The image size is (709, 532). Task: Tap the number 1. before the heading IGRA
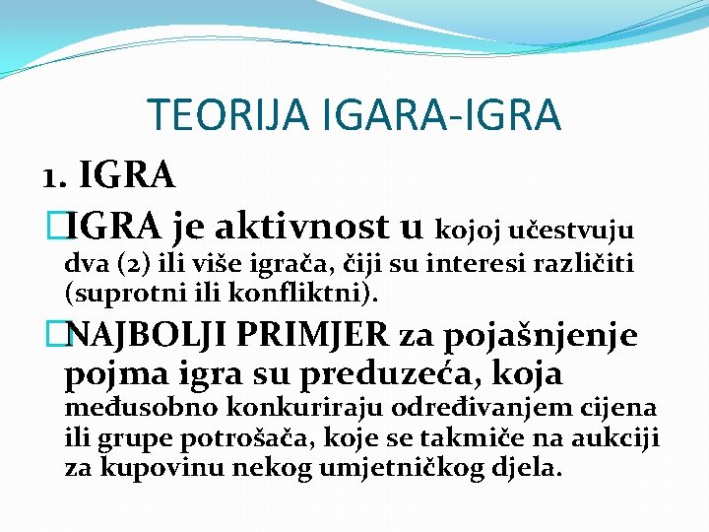click(54, 177)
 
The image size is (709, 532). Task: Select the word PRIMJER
click(328, 336)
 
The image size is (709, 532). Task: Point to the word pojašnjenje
click(541, 337)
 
